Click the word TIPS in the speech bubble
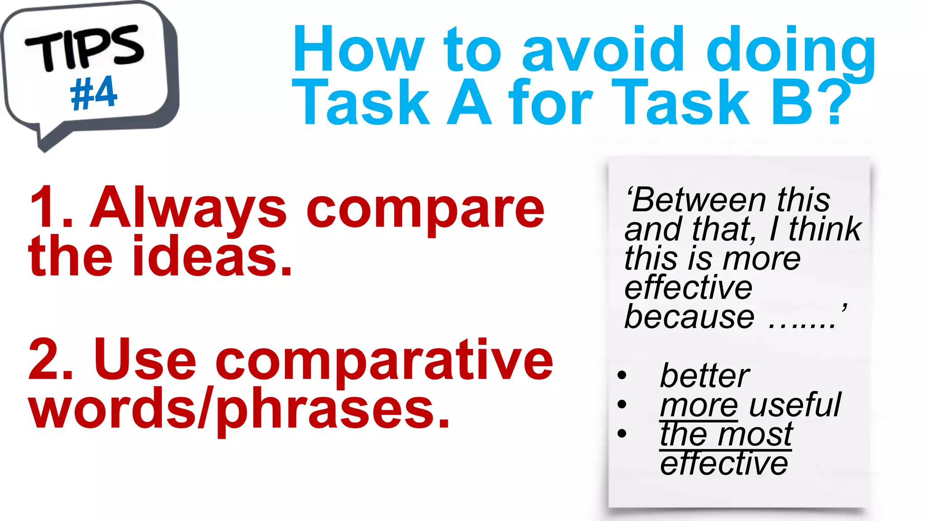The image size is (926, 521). coord(85,48)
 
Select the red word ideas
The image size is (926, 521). coord(213,256)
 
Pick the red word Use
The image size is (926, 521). coord(145,360)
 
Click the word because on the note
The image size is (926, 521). coord(689,317)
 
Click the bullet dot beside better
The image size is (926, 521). coord(622,375)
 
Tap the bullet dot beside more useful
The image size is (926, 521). coord(622,404)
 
